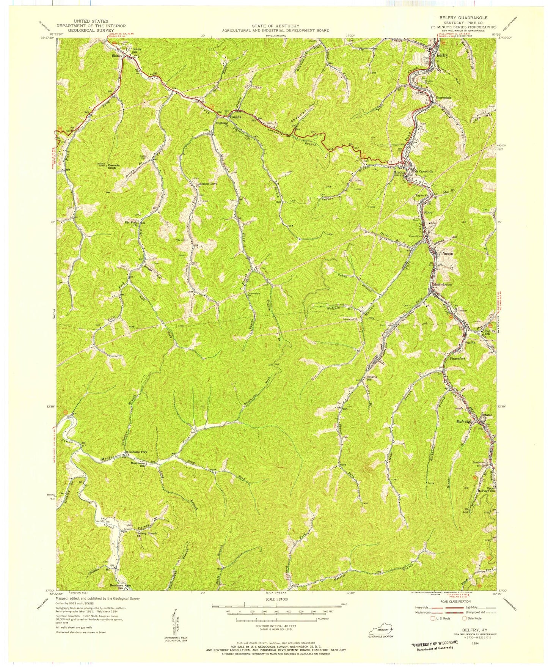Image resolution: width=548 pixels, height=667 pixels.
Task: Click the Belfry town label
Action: [443, 55]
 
